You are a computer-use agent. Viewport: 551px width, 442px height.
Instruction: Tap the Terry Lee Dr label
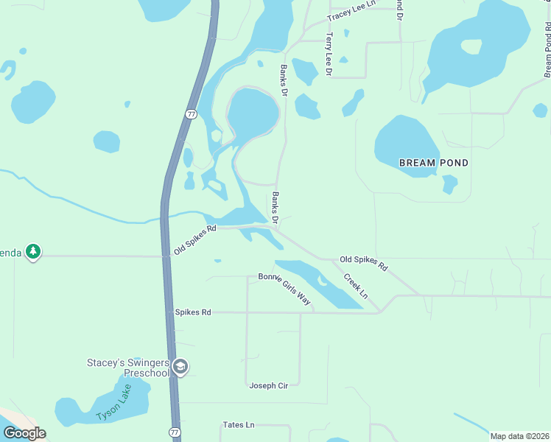[x=329, y=54]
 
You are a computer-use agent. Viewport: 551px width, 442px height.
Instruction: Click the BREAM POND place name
[x=433, y=162]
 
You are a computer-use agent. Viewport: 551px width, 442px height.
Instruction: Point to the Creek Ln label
[x=357, y=287]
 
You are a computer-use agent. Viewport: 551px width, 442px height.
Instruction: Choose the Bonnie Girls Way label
[x=284, y=288]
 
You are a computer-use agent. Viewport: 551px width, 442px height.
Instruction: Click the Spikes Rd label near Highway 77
[x=193, y=312]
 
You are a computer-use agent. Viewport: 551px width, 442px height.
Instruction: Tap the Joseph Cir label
[x=268, y=385]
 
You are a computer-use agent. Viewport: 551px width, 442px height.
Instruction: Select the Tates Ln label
[x=238, y=425]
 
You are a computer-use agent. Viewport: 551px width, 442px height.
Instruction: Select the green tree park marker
[x=32, y=253]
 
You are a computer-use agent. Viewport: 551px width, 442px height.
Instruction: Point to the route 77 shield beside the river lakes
[x=191, y=114]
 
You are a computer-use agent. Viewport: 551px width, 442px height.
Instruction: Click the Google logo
[x=24, y=433]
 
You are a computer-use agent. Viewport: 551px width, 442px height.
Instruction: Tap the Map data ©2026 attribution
[x=519, y=436]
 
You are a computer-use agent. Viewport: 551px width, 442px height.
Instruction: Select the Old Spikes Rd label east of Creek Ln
[x=363, y=262]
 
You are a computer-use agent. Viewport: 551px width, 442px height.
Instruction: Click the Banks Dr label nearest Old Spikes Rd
[x=275, y=208]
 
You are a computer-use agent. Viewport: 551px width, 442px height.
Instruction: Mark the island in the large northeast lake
[x=471, y=47]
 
